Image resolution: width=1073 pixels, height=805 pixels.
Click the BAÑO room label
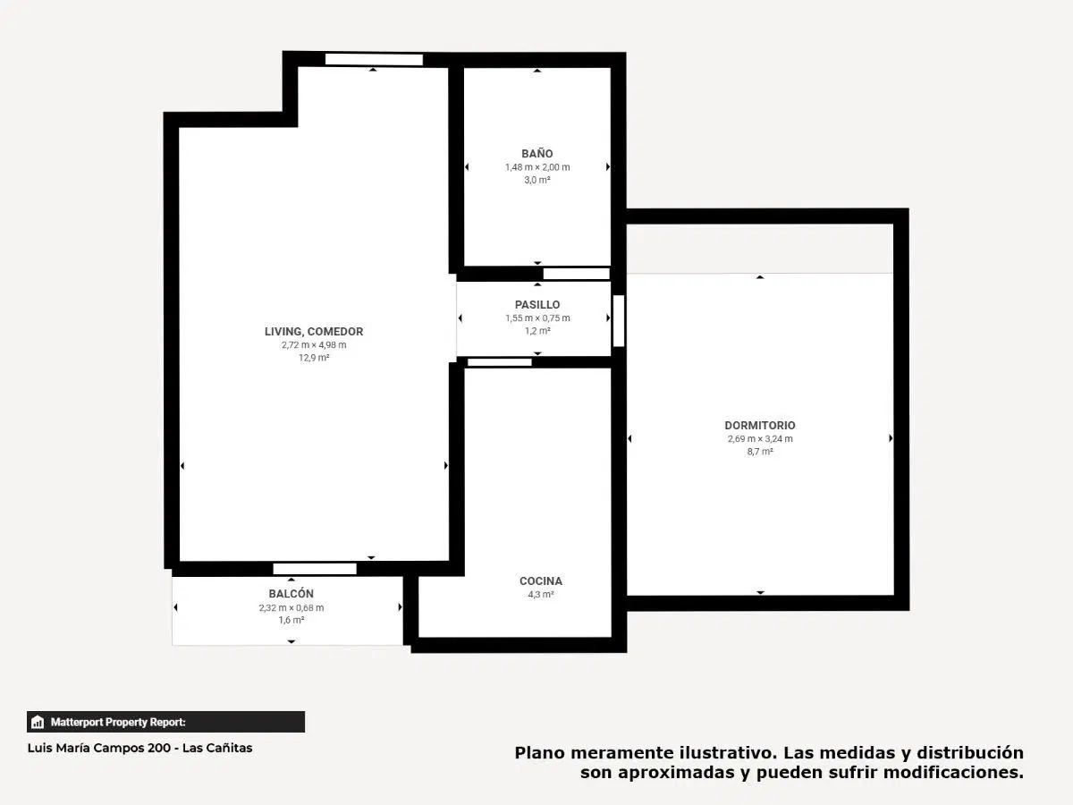click(536, 154)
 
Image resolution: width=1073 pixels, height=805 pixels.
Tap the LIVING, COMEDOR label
click(314, 331)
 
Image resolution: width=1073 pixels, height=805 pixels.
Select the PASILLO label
click(537, 304)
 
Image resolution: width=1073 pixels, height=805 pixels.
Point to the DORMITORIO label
click(760, 425)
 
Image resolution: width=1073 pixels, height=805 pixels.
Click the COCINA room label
click(541, 580)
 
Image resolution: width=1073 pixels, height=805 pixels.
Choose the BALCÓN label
click(291, 593)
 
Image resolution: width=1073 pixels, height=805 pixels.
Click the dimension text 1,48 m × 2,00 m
click(537, 167)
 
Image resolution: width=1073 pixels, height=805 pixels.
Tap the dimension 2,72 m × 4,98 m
click(314, 344)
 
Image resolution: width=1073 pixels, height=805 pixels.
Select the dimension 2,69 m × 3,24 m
click(760, 438)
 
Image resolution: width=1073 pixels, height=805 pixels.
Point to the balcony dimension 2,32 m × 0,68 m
click(291, 607)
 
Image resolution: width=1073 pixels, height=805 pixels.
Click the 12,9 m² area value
click(314, 358)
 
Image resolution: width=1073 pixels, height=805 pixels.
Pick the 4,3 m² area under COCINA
click(541, 594)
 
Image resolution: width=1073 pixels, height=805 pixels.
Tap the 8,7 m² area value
click(760, 452)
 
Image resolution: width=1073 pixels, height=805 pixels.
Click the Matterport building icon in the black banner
click(38, 722)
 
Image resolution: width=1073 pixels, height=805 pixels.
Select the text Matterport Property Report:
click(118, 722)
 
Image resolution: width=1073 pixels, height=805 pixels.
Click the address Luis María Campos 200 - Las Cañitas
click(139, 748)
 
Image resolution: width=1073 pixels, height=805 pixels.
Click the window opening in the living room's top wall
click(374, 60)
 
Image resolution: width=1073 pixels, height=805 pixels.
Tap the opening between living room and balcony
click(315, 569)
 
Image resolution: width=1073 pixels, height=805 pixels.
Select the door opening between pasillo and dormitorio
click(619, 320)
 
